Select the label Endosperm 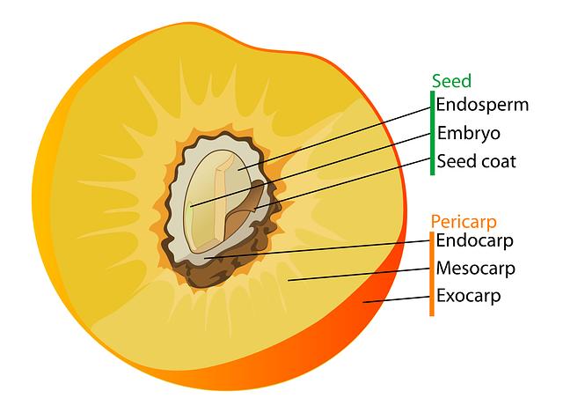483,106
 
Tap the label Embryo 469,134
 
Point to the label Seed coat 477,162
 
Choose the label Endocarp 475,239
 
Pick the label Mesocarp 476,268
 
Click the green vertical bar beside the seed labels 432,132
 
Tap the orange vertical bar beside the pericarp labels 432,273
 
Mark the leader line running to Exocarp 396,299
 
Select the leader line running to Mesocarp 361,275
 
